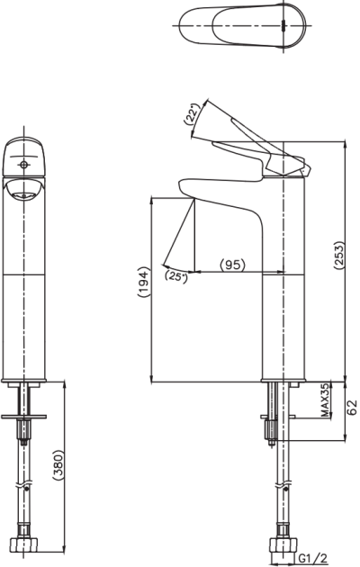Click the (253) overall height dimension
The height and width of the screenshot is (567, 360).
pyautogui.click(x=339, y=256)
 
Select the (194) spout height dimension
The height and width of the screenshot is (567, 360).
pyautogui.click(x=143, y=282)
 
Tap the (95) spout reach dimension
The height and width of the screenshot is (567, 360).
pyautogui.click(x=233, y=265)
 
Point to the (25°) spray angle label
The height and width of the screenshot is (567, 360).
pyautogui.click(x=176, y=277)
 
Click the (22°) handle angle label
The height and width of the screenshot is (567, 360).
pyautogui.click(x=192, y=114)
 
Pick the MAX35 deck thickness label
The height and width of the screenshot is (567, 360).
pyautogui.click(x=325, y=400)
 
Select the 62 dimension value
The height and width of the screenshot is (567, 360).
pyautogui.click(x=352, y=407)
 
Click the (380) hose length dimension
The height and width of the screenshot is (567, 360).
pyautogui.click(x=58, y=465)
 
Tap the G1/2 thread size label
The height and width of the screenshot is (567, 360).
pyautogui.click(x=313, y=559)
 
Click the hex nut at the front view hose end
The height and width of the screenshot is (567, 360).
pyautogui.click(x=24, y=544)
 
